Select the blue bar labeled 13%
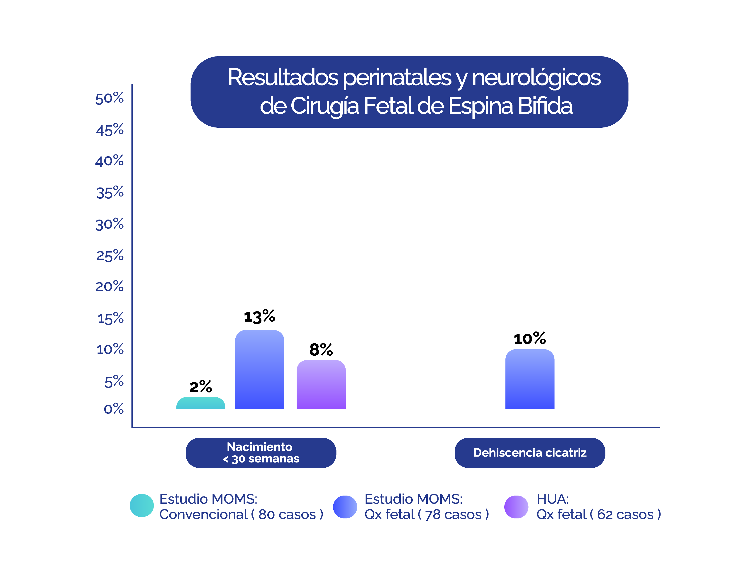[259, 370]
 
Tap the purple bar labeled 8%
[321, 385]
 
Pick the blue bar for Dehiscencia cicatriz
[530, 379]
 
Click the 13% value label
[259, 316]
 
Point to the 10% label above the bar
[530, 339]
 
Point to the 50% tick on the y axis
[109, 98]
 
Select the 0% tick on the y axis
[113, 409]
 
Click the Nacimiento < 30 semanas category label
[261, 453]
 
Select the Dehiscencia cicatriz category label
[530, 453]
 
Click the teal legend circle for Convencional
[141, 506]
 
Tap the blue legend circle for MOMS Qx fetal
[345, 507]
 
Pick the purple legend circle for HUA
[516, 507]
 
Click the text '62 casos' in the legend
[625, 514]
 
